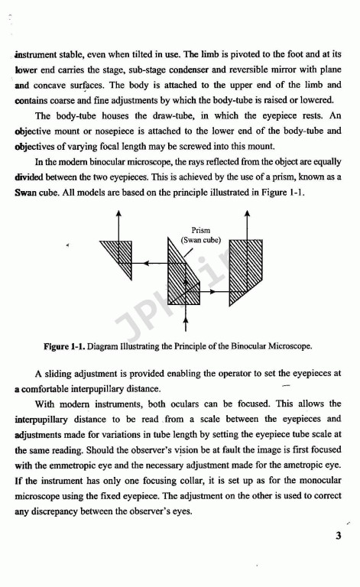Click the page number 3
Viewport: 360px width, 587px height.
(x=337, y=535)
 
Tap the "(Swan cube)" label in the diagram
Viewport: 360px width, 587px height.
(x=200, y=239)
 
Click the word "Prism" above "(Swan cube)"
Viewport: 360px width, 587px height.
(x=200, y=229)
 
